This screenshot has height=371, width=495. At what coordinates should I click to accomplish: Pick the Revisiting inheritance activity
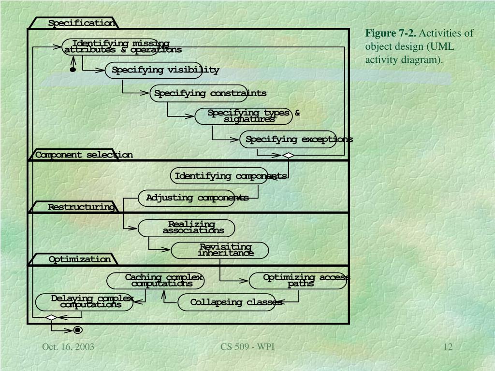coord(220,250)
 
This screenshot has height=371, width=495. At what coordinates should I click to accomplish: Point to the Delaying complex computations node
coord(85,302)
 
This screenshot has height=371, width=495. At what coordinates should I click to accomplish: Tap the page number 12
coord(448,347)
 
